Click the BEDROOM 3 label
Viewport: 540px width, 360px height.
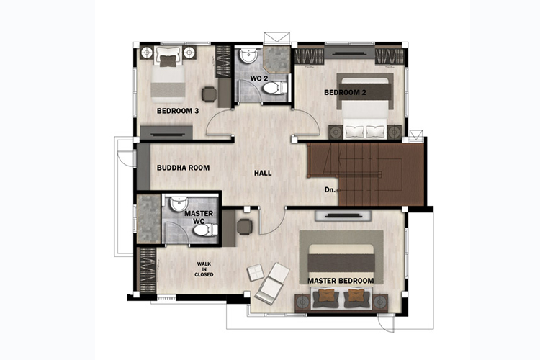point(178,111)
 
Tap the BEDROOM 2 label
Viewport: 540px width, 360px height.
point(345,92)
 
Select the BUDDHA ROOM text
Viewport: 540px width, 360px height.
point(183,168)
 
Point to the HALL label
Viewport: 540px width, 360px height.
point(263,173)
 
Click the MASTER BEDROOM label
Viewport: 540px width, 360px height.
point(341,281)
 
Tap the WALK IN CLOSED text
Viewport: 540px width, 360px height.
point(204,269)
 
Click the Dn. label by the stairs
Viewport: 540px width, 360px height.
point(330,190)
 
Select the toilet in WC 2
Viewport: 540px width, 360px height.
point(275,88)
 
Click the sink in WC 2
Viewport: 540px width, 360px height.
point(248,55)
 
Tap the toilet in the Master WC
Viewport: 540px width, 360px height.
point(205,230)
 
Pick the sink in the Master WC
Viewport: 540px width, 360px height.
point(179,204)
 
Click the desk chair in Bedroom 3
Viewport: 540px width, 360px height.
point(210,94)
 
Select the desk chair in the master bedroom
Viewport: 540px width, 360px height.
point(245,227)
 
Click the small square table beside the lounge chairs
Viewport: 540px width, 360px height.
point(256,272)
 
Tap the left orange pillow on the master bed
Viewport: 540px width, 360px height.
point(326,296)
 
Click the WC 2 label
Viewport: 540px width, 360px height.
point(259,78)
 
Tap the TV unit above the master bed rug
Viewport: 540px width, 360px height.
point(343,216)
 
